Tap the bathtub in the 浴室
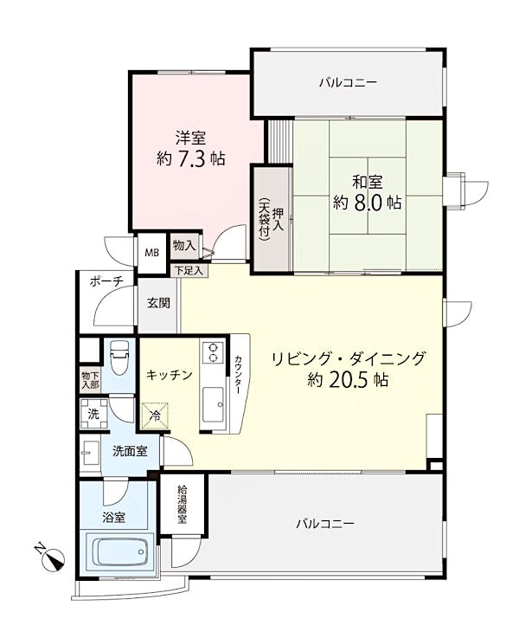tap(119, 551)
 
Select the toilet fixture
tap(119, 358)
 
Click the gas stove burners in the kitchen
tap(213, 352)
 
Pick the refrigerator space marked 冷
tap(155, 416)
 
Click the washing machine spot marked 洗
tap(94, 414)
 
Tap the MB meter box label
tap(152, 253)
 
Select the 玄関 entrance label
tap(158, 303)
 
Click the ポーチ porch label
tap(106, 281)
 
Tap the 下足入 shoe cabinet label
tap(189, 270)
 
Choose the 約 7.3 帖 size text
tap(191, 158)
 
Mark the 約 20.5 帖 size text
tap(348, 380)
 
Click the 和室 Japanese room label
tap(368, 182)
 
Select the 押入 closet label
tap(279, 220)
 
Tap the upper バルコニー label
tap(348, 83)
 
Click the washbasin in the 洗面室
tap(90, 453)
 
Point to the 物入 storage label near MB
tap(184, 246)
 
